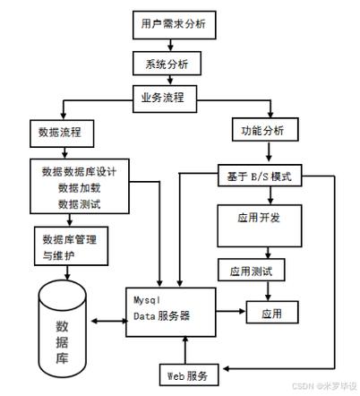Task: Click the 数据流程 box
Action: [61, 133]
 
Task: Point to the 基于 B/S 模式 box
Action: [260, 175]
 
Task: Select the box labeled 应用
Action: [271, 313]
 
